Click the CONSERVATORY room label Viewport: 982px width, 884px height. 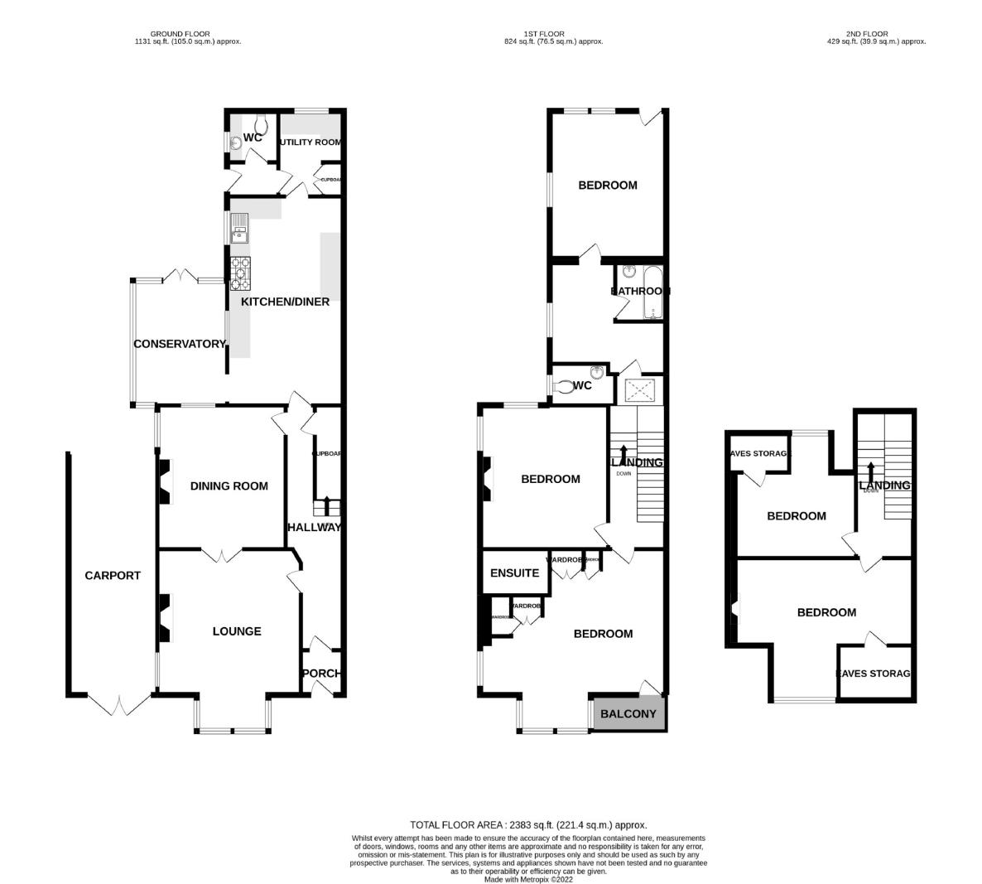click(x=179, y=344)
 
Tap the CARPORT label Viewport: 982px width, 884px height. click(x=113, y=575)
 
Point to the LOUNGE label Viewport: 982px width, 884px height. click(x=237, y=630)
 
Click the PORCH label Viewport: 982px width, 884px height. click(x=320, y=673)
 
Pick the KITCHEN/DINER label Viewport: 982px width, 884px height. click(x=285, y=302)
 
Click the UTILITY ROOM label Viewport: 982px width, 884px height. click(x=310, y=142)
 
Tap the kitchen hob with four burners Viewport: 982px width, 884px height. click(x=241, y=273)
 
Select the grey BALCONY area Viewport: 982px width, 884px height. click(x=628, y=713)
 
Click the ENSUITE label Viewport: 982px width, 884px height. click(x=514, y=572)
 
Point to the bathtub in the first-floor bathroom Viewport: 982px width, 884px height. click(x=652, y=292)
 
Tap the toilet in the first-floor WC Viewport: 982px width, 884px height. click(x=566, y=386)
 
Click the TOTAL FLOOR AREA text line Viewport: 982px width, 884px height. click(x=528, y=824)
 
